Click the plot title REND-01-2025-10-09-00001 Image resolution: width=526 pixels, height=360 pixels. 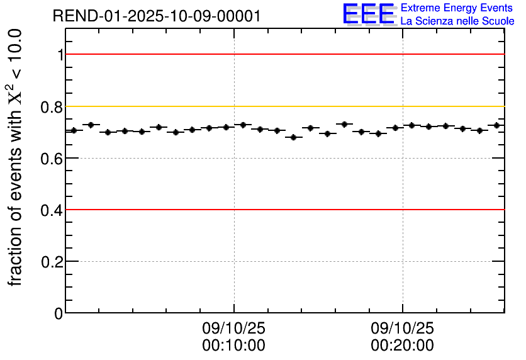157,16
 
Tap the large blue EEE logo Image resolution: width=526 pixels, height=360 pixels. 369,14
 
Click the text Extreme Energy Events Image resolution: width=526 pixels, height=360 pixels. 457,8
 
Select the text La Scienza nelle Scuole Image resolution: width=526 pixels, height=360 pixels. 457,21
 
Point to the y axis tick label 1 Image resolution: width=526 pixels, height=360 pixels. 60,55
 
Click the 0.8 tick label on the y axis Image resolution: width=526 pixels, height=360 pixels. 52,106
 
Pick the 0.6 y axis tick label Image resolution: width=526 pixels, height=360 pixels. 52,158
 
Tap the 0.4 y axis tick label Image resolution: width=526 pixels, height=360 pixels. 52,210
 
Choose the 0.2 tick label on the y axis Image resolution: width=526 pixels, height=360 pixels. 52,261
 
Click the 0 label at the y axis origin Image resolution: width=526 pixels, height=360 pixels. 59,313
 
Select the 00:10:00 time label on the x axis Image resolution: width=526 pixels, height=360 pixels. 233,346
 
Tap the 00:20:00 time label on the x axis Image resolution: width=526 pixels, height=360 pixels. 402,346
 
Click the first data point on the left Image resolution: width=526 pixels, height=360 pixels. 74,130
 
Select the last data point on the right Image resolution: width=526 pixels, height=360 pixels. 496,125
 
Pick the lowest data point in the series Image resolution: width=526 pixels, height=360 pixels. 293,137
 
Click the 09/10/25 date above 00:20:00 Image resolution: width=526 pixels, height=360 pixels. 402,329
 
